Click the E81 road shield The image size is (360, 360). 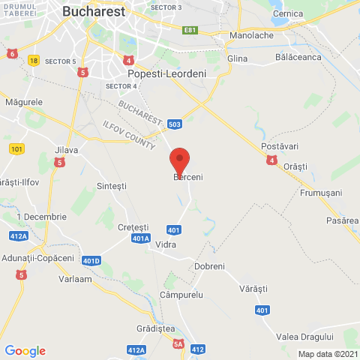tap(190, 31)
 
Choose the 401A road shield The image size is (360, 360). tap(140, 238)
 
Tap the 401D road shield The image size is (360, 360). tap(91, 261)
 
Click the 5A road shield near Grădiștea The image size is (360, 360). tap(178, 344)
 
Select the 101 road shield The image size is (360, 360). tap(18, 148)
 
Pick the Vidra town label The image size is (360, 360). tap(166, 244)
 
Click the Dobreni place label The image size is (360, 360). tap(209, 266)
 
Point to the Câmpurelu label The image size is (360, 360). tap(181, 295)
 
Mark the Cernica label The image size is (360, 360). tap(288, 14)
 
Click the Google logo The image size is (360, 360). tap(25, 351)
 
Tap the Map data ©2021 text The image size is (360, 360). tap(328, 354)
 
